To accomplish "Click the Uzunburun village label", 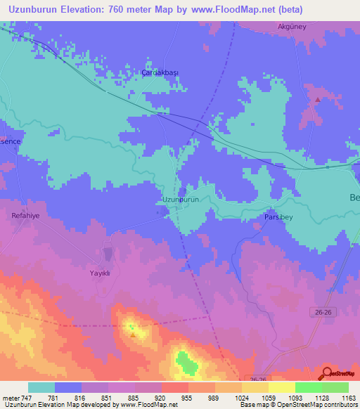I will tap(181, 200).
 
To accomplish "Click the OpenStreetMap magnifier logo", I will tap(326, 374).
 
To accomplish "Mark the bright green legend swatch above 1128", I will tap(309, 387).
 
